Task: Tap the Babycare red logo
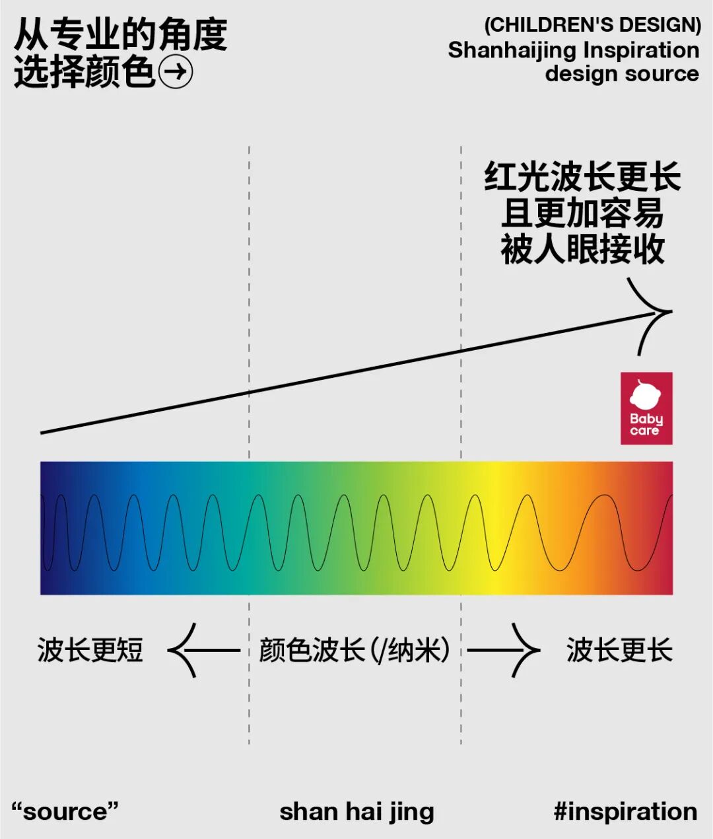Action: [x=646, y=408]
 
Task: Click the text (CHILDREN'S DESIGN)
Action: [x=592, y=25]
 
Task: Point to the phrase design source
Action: [x=621, y=73]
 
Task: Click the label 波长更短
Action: [x=90, y=650]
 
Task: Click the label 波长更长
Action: [x=619, y=650]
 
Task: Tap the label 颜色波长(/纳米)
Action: [x=355, y=650]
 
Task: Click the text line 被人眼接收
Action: [x=582, y=250]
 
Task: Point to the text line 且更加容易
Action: [x=582, y=213]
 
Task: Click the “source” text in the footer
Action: [x=65, y=811]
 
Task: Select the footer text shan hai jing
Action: [x=356, y=811]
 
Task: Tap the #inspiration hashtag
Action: [x=625, y=811]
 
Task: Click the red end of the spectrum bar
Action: [x=660, y=529]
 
